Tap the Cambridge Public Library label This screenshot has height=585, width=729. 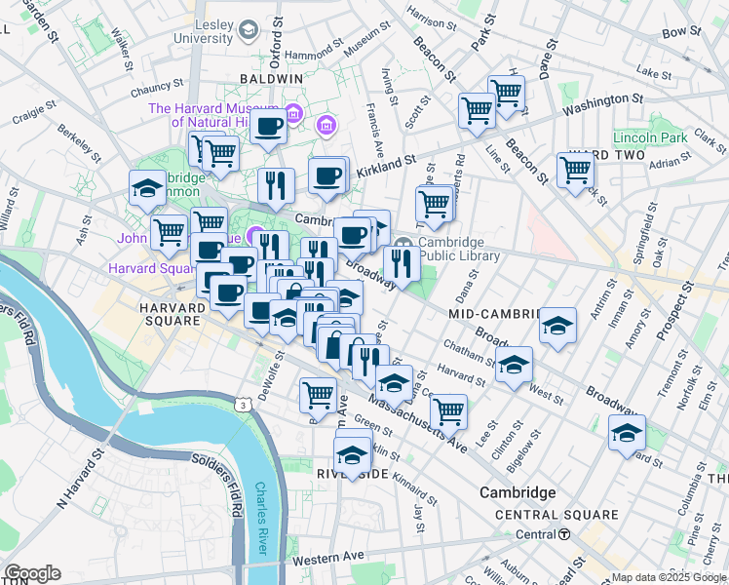coord(459,250)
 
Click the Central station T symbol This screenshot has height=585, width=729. coord(564,534)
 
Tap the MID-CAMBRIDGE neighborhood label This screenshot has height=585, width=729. coord(494,315)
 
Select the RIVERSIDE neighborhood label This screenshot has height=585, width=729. coord(352,473)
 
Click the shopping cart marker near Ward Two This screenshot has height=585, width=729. coord(576,169)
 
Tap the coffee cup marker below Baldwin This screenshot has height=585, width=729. coord(267,125)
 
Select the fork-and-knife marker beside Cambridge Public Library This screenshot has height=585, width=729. coord(401,261)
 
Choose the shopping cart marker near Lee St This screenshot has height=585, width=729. coord(448,409)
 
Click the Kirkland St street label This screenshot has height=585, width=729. coord(389,161)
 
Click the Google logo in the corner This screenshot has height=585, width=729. coord(32,573)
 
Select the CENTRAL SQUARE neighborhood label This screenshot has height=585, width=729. coord(556,515)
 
